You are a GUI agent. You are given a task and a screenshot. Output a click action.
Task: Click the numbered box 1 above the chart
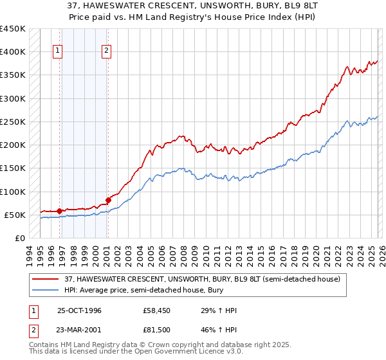tap(58, 51)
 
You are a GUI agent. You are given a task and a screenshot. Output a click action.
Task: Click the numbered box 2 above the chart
tap(106, 51)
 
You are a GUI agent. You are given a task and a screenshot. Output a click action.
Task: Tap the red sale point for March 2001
tap(108, 200)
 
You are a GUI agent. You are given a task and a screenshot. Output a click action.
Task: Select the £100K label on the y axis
tap(13, 192)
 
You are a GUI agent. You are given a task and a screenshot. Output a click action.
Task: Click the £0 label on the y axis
tap(19, 238)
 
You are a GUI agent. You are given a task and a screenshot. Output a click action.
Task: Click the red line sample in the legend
tap(45, 278)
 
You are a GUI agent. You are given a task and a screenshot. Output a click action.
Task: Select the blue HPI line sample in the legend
tap(45, 290)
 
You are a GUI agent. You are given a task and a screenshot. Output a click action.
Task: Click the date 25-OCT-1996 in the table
tap(79, 310)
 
